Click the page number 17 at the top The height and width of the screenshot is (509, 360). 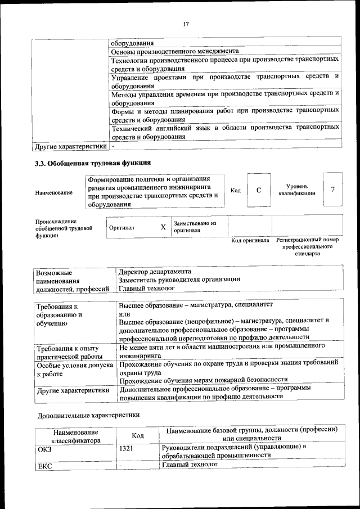click(185, 24)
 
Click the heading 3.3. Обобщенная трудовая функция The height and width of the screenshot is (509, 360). click(93, 164)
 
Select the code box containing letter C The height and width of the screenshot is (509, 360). click(259, 190)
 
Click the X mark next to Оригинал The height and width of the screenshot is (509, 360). click(163, 227)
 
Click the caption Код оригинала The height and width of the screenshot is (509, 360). click(250, 241)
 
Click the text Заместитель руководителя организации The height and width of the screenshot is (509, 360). click(179, 280)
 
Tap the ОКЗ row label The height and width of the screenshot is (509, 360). click(44, 448)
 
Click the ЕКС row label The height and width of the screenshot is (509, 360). click(44, 466)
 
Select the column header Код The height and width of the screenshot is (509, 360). click(138, 435)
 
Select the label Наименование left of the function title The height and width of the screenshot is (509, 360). click(53, 193)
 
